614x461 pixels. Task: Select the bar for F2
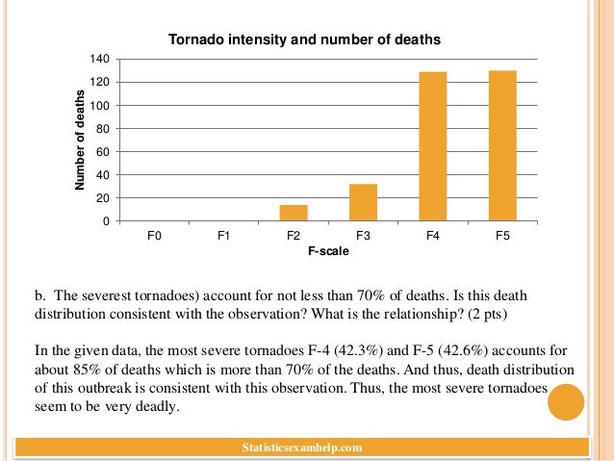293,213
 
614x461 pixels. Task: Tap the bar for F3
363,202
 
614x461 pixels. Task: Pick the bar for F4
432,146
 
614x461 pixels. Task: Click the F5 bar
502,145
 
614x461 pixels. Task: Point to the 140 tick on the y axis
98,60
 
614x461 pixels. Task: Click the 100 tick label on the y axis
98,106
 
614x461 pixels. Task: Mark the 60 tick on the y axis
101,152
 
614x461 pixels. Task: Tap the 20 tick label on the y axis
101,198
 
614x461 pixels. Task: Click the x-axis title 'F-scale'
327,251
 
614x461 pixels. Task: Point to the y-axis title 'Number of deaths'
81,141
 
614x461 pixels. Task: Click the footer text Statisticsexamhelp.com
304,448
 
